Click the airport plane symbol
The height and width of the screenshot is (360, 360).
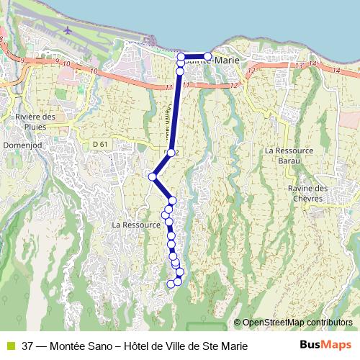[x=68, y=31]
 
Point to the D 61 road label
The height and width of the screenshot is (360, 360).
[x=100, y=145]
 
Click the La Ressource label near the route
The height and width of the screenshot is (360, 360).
[x=135, y=225]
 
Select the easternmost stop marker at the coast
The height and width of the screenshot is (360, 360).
[x=208, y=56]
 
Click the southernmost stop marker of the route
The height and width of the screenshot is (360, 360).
[x=171, y=284]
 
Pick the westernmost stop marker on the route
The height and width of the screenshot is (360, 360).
[x=153, y=176]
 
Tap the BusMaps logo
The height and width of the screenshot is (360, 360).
[x=325, y=346]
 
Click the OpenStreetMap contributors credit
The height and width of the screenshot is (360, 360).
[x=297, y=322]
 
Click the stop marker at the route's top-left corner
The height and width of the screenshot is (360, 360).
[x=181, y=56]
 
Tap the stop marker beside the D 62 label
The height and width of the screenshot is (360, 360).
[x=171, y=153]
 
